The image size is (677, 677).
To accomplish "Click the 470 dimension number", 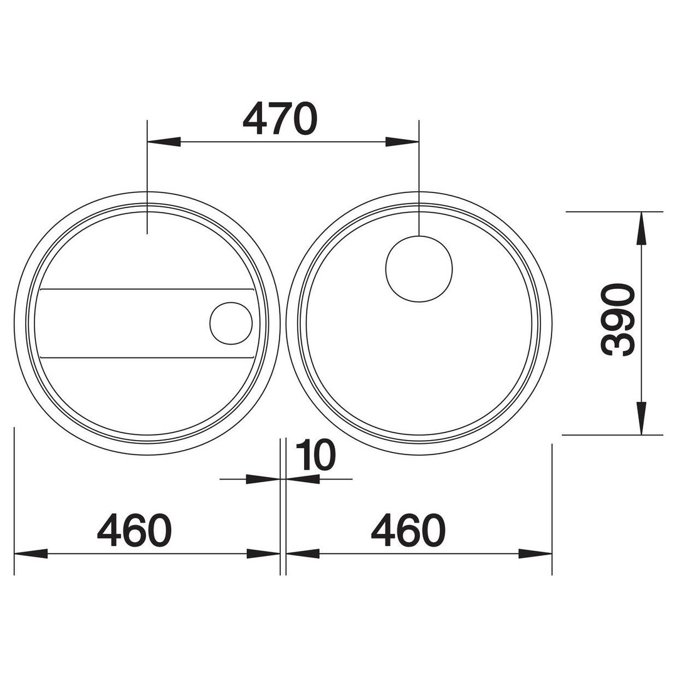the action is coord(280,118).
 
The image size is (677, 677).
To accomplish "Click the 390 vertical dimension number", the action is coord(618,320).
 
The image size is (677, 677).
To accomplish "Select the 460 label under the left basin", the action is coord(134,530).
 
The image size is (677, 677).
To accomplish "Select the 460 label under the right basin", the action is coord(408,530).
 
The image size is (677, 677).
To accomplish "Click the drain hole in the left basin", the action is coord(231,323).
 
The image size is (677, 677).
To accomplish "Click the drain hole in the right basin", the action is coord(419,269).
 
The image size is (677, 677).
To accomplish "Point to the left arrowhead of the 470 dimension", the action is coord(164,142).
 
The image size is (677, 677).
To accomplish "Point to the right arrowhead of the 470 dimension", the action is coord(402,142).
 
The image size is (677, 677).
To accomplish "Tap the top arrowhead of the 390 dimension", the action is coord(642,229).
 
